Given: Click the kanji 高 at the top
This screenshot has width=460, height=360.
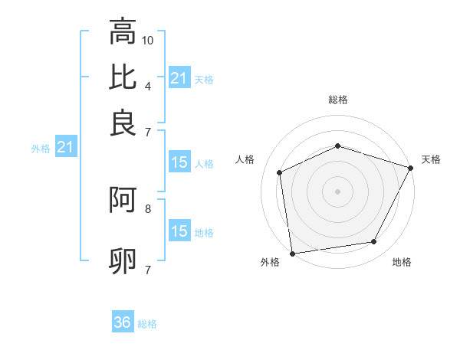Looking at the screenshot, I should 123,33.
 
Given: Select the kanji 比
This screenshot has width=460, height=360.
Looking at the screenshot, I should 123,77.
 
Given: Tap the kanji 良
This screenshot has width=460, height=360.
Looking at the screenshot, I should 123,123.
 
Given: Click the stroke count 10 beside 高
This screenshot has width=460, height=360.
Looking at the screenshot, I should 148,40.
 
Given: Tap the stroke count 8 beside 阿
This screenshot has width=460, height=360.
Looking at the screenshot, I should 147,208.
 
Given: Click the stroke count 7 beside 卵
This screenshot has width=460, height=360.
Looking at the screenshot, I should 147,269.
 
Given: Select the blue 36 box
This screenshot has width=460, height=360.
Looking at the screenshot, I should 123,322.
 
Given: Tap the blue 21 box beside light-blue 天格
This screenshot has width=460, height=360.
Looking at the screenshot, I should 179,77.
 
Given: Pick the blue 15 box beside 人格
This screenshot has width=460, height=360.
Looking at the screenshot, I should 179,162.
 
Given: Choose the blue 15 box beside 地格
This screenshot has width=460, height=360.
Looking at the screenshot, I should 179,231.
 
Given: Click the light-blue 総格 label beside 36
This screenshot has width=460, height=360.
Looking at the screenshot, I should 147,323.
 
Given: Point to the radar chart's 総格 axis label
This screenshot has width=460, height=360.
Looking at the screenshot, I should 337,100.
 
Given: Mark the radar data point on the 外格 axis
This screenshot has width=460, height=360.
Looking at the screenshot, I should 292,253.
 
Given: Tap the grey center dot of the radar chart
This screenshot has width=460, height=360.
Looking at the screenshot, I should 337,191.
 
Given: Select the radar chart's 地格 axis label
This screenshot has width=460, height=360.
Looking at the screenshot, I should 402,263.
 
